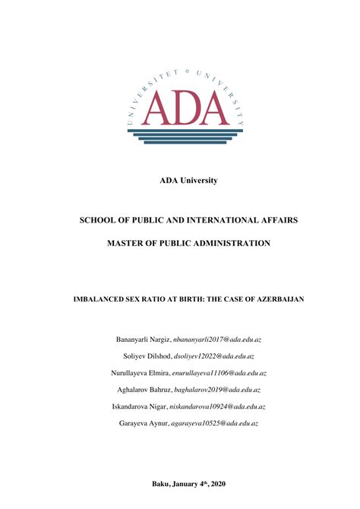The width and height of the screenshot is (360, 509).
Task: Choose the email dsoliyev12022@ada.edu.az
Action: [x=214, y=356]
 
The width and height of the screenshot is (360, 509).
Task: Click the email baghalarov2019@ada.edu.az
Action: [x=218, y=390]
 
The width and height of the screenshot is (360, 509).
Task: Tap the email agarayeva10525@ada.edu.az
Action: [x=215, y=423]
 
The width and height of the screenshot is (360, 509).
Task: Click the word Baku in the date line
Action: [x=162, y=483]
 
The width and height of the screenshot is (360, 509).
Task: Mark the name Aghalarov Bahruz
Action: [x=144, y=390]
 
